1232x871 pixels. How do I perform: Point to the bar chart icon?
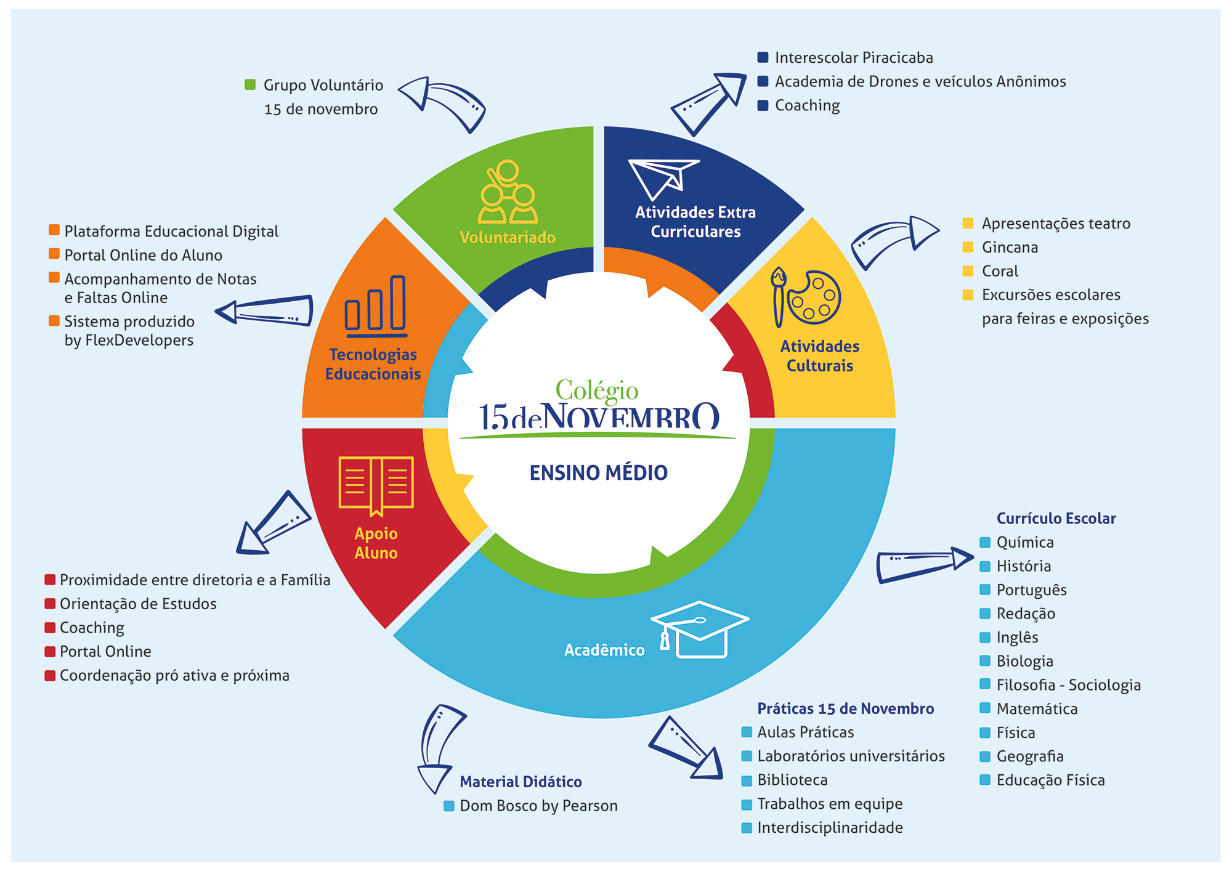tap(376, 306)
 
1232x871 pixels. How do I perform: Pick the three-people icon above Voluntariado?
tap(508, 192)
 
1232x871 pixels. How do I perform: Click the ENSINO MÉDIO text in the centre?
tap(598, 473)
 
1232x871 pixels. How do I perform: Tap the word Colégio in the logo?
tap(596, 390)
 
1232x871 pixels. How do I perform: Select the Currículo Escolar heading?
tap(1056, 519)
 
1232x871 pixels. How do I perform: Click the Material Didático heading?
tap(521, 782)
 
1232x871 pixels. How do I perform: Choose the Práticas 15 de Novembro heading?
tap(845, 708)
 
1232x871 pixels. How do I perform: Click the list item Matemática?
tap(1037, 709)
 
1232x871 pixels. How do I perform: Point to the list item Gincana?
tap(1010, 248)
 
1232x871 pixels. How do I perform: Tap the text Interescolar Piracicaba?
tap(854, 58)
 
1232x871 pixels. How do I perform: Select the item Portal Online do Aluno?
tap(143, 255)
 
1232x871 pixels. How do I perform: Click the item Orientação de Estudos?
tap(138, 604)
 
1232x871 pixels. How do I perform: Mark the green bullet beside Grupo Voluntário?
tap(250, 85)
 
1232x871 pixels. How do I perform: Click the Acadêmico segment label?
tap(604, 650)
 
